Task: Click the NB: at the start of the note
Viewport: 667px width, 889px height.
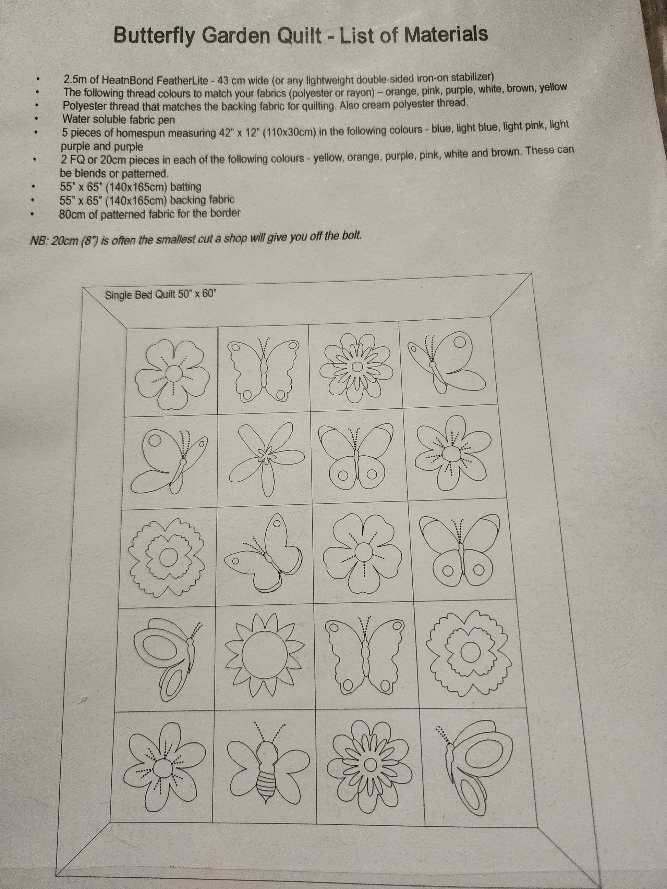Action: point(39,240)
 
